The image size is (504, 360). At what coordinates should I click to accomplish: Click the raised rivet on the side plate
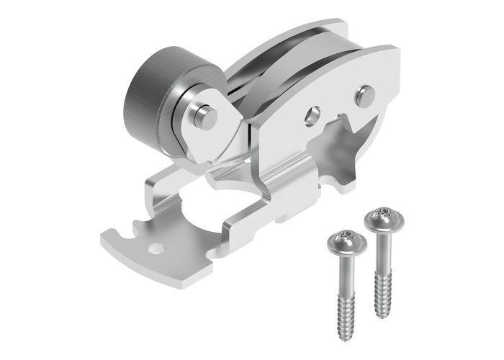(x=365, y=95)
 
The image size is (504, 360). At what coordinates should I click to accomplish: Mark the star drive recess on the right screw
(x=383, y=213)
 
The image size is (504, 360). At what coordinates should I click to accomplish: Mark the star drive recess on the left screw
(x=346, y=237)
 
